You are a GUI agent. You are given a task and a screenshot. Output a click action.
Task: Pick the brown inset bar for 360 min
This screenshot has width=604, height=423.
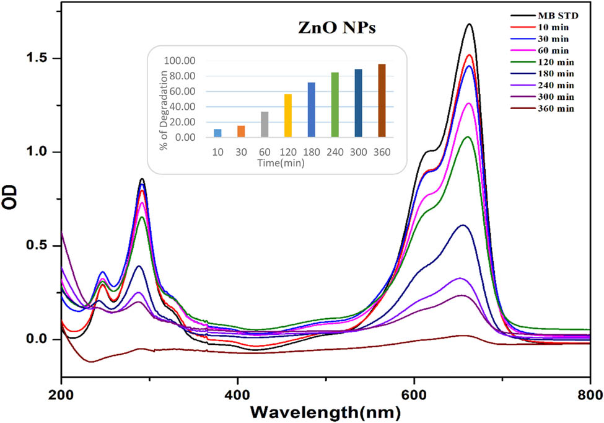[x=382, y=100]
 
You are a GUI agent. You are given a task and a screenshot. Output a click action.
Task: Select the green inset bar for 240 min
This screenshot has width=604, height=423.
[x=335, y=105]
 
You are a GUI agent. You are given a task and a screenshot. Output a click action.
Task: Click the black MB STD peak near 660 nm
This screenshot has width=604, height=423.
[x=469, y=25]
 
